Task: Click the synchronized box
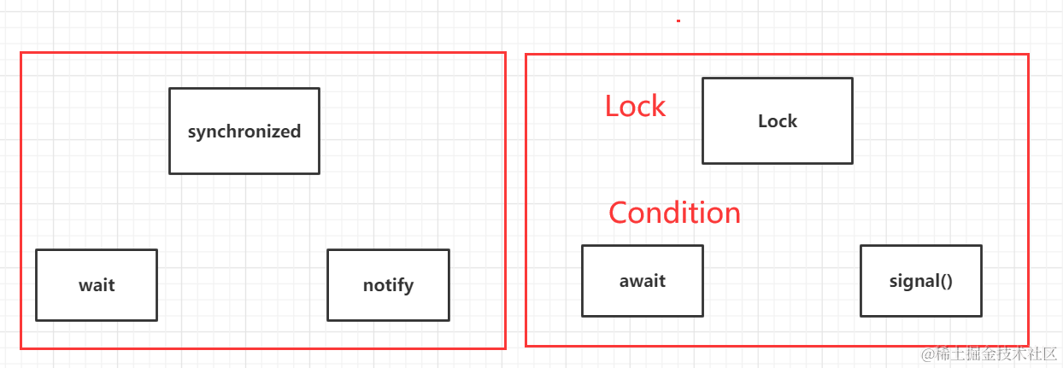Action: [x=244, y=131]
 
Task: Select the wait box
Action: [x=97, y=285]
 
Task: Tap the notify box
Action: [x=388, y=285]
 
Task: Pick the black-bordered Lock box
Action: [x=778, y=121]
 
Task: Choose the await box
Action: [x=643, y=281]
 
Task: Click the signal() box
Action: [x=920, y=281]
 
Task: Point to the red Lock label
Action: [x=635, y=106]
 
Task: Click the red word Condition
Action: [x=674, y=213]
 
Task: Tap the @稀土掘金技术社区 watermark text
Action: [x=989, y=354]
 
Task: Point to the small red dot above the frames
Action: [x=678, y=20]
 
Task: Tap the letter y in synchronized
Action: [x=205, y=133]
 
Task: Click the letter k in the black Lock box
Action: [x=791, y=121]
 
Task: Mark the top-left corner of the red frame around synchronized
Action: [x=21, y=53]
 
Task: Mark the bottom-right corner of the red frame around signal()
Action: [x=1028, y=345]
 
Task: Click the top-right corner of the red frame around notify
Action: [x=505, y=53]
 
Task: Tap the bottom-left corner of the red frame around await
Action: [x=526, y=345]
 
